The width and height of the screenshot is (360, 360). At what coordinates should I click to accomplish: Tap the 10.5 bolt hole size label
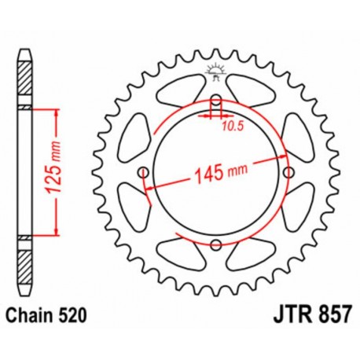230,123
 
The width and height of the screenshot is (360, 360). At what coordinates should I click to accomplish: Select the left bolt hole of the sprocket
142,171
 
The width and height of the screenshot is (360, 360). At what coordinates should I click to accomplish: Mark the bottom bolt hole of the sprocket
214,244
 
